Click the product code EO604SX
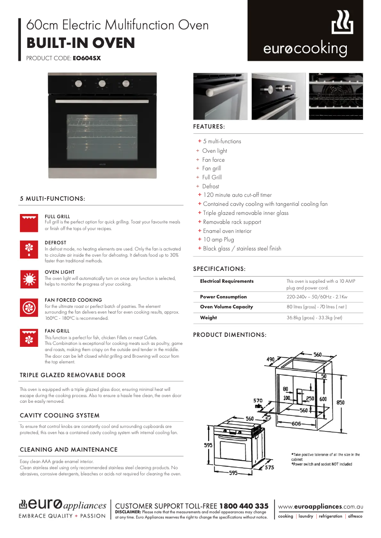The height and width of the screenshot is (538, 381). [x=86, y=59]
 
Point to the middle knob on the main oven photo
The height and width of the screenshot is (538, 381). [x=102, y=84]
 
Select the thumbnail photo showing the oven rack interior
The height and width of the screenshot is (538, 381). [x=335, y=96]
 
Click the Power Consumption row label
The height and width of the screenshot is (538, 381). [x=223, y=297]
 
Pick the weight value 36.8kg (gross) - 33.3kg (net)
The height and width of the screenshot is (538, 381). [x=314, y=318]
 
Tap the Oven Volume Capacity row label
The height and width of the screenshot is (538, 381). [x=227, y=307]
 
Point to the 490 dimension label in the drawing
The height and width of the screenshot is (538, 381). [x=270, y=360]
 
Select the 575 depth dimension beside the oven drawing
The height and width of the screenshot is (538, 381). [x=269, y=467]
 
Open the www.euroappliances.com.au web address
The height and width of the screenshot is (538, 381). [x=320, y=507]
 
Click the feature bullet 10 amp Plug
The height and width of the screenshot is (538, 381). [x=219, y=240]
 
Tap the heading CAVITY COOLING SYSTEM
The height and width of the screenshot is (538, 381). [x=59, y=416]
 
